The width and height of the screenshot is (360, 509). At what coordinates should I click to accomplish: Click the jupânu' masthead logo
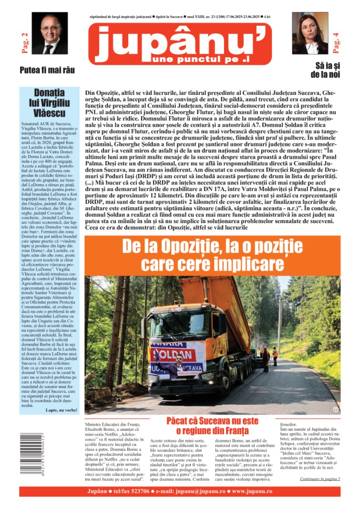click(x=180, y=43)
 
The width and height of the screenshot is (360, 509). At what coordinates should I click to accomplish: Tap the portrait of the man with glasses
click(x=49, y=33)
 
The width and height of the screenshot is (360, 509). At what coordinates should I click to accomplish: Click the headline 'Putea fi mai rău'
click(x=47, y=70)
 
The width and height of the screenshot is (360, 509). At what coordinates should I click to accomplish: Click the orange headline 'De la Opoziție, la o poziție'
click(x=212, y=247)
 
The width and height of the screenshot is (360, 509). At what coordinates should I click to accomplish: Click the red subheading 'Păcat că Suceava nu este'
click(x=212, y=421)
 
